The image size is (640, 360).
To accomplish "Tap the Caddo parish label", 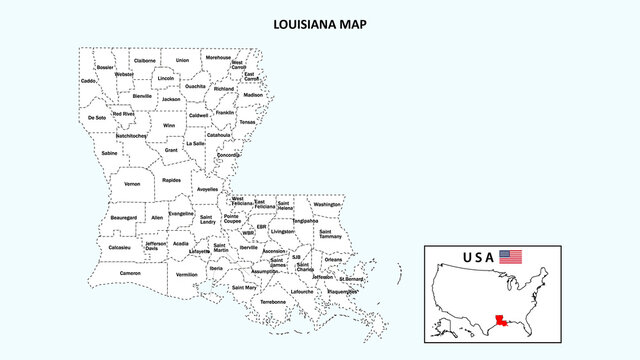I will (x=88, y=80).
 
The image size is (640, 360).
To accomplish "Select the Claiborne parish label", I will (x=145, y=61).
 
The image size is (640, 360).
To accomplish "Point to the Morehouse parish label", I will (x=218, y=58).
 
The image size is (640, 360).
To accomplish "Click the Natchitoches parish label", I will (x=130, y=136).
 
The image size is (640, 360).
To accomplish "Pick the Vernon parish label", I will (x=132, y=184).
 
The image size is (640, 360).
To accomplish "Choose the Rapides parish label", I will (x=172, y=181).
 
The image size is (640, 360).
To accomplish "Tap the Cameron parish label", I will (x=130, y=273).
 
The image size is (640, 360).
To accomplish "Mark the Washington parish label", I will (x=327, y=204).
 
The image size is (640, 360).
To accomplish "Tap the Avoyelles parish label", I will (x=208, y=189).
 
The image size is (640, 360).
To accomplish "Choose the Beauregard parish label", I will (x=123, y=217).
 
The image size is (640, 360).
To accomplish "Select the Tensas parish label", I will (x=247, y=122).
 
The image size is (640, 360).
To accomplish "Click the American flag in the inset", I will (x=511, y=256).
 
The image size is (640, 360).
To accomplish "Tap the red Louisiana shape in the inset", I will (x=497, y=322).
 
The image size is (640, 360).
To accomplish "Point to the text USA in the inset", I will (x=478, y=257).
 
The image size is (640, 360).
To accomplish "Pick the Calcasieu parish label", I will (x=119, y=247).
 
